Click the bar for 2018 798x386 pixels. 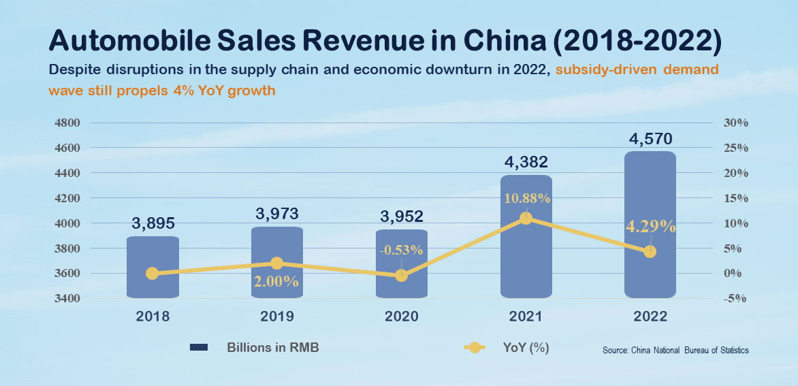pos(153,267)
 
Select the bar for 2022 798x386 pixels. pos(650,225)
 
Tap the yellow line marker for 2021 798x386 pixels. pos(526,219)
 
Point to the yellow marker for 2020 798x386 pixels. pos(401,276)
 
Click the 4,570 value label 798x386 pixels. pos(650,139)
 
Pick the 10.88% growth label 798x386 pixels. pos(526,198)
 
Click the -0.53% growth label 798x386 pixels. pos(401,250)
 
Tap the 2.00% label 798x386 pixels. pos(276,281)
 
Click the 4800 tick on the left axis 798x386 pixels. pos(67,123)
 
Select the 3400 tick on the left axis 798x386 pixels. pos(67,299)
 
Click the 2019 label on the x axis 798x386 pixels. pos(276,317)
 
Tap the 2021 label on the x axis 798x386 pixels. pos(526,317)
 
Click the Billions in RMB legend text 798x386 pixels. pos(272,347)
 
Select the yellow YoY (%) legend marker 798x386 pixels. pos(475,348)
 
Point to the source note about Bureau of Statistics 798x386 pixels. pos(675,351)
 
